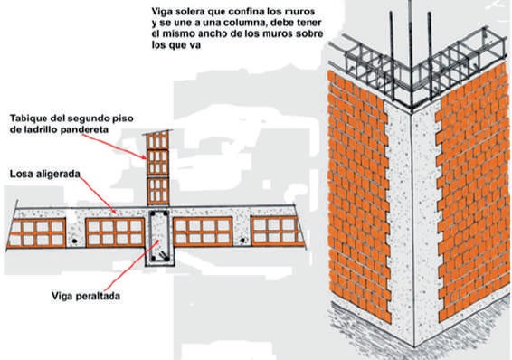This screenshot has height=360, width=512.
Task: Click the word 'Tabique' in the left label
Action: point(28,118)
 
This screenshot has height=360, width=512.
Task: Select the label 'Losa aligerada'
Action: point(44,174)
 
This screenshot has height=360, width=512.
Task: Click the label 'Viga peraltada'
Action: point(86,296)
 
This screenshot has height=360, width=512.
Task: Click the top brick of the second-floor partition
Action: point(157,139)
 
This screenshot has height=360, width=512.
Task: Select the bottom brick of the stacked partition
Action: point(158,191)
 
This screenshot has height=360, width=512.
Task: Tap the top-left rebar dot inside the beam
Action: point(153,214)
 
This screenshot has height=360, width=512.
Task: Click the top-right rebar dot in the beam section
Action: point(166,214)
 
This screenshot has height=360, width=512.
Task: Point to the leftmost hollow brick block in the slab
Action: point(36,233)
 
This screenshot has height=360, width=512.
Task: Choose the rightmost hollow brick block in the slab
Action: point(278,231)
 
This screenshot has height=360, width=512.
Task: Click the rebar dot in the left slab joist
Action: point(75,241)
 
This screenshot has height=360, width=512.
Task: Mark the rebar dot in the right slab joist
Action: point(242,241)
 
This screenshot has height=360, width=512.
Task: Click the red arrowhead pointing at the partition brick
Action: point(144,157)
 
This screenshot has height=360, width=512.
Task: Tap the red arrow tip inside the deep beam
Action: point(158,242)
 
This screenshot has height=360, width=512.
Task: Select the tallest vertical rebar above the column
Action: point(411,54)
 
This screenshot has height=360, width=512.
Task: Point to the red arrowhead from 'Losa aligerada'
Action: point(114,212)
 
